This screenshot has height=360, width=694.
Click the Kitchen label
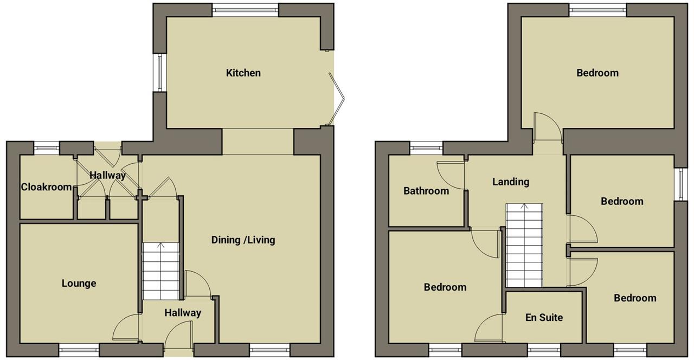(243, 73)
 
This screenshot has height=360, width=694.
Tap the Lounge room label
(79, 284)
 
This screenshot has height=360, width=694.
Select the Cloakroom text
(47, 187)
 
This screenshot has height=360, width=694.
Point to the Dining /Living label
(243, 240)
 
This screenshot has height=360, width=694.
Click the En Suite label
(544, 317)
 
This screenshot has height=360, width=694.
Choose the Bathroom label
(426, 191)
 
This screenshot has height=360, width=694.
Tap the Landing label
(511, 182)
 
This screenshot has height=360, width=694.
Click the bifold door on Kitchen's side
(337, 99)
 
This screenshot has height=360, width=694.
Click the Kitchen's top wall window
(246, 10)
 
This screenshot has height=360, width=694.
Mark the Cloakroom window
(47, 148)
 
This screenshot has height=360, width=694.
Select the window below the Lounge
(79, 350)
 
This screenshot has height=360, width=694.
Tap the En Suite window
(544, 350)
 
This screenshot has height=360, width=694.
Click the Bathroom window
(426, 148)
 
